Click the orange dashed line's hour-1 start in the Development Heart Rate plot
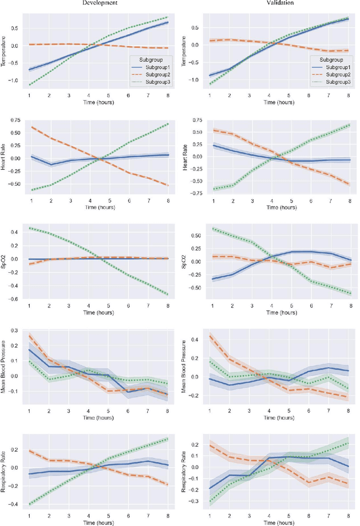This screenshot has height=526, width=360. point(30,127)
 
